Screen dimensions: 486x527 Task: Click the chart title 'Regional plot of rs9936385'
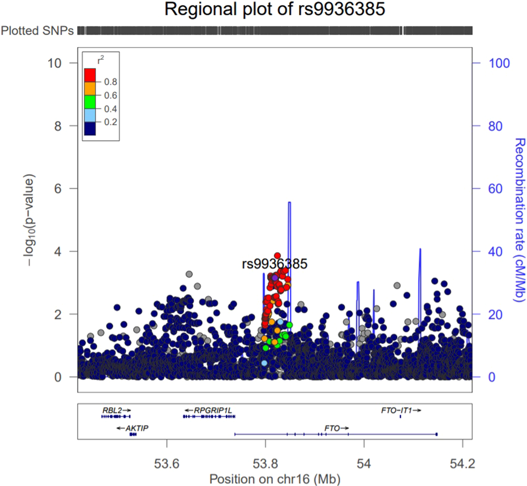click(274, 10)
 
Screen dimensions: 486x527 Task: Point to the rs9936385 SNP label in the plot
click(275, 264)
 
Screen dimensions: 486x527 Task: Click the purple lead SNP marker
click(275, 277)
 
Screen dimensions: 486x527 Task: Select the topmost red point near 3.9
click(277, 256)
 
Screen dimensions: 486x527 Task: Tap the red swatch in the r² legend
click(90, 75)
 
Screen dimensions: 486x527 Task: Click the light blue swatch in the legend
click(90, 115)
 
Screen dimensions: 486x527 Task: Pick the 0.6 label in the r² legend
click(110, 95)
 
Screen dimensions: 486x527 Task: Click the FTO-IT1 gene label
click(396, 409)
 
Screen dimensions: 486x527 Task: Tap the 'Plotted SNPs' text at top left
click(37, 31)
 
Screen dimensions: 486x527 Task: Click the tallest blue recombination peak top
click(289, 203)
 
